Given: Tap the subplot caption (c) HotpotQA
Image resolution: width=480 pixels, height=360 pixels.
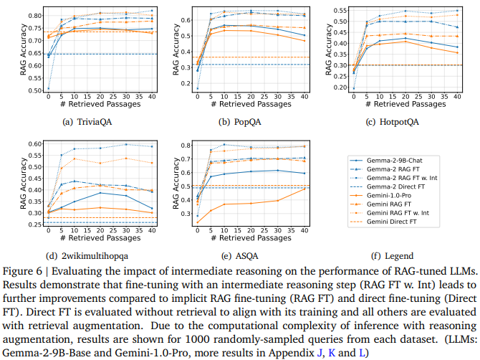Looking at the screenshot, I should (402, 121).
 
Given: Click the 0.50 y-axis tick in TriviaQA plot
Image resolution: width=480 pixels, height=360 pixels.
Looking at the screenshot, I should (32, 90).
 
